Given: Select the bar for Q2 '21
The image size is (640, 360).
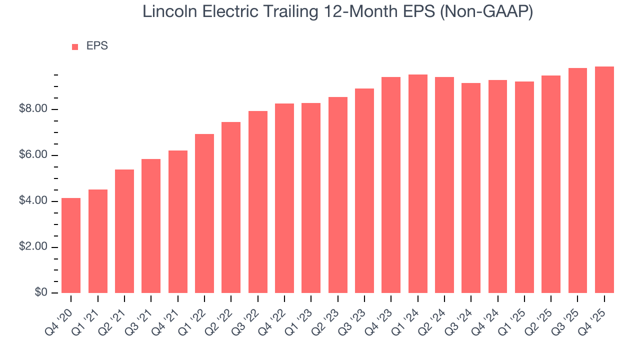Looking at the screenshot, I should tap(124, 231).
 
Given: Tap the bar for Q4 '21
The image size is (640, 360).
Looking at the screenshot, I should tap(178, 221).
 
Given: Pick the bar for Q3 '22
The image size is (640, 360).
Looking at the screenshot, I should tap(258, 202).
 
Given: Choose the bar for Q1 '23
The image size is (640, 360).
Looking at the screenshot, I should tap(311, 198).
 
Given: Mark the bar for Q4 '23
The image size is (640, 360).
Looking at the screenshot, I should tap(391, 185).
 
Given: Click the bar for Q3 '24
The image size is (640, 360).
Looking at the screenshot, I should tap(471, 188).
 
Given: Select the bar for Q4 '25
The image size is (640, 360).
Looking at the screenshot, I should tap(604, 180).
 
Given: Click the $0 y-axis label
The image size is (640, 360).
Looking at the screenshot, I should tap(41, 292).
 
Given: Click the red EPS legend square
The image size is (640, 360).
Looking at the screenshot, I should tap(75, 46).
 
